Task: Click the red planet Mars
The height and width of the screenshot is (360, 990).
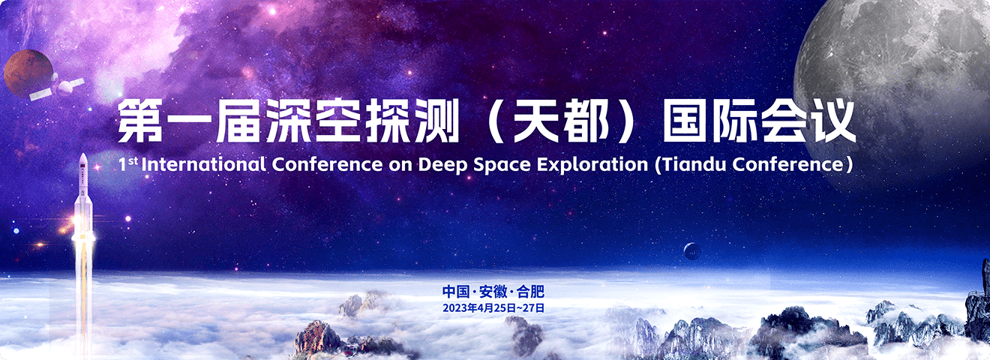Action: [x=28, y=73]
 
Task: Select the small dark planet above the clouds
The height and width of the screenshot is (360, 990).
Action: [x=692, y=251]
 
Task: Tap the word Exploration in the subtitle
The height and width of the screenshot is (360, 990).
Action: [x=592, y=165]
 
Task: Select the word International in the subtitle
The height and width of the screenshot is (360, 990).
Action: [x=204, y=165]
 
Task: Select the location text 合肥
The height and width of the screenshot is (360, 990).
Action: [x=530, y=292]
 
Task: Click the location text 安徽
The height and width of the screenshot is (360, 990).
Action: [x=493, y=292]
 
